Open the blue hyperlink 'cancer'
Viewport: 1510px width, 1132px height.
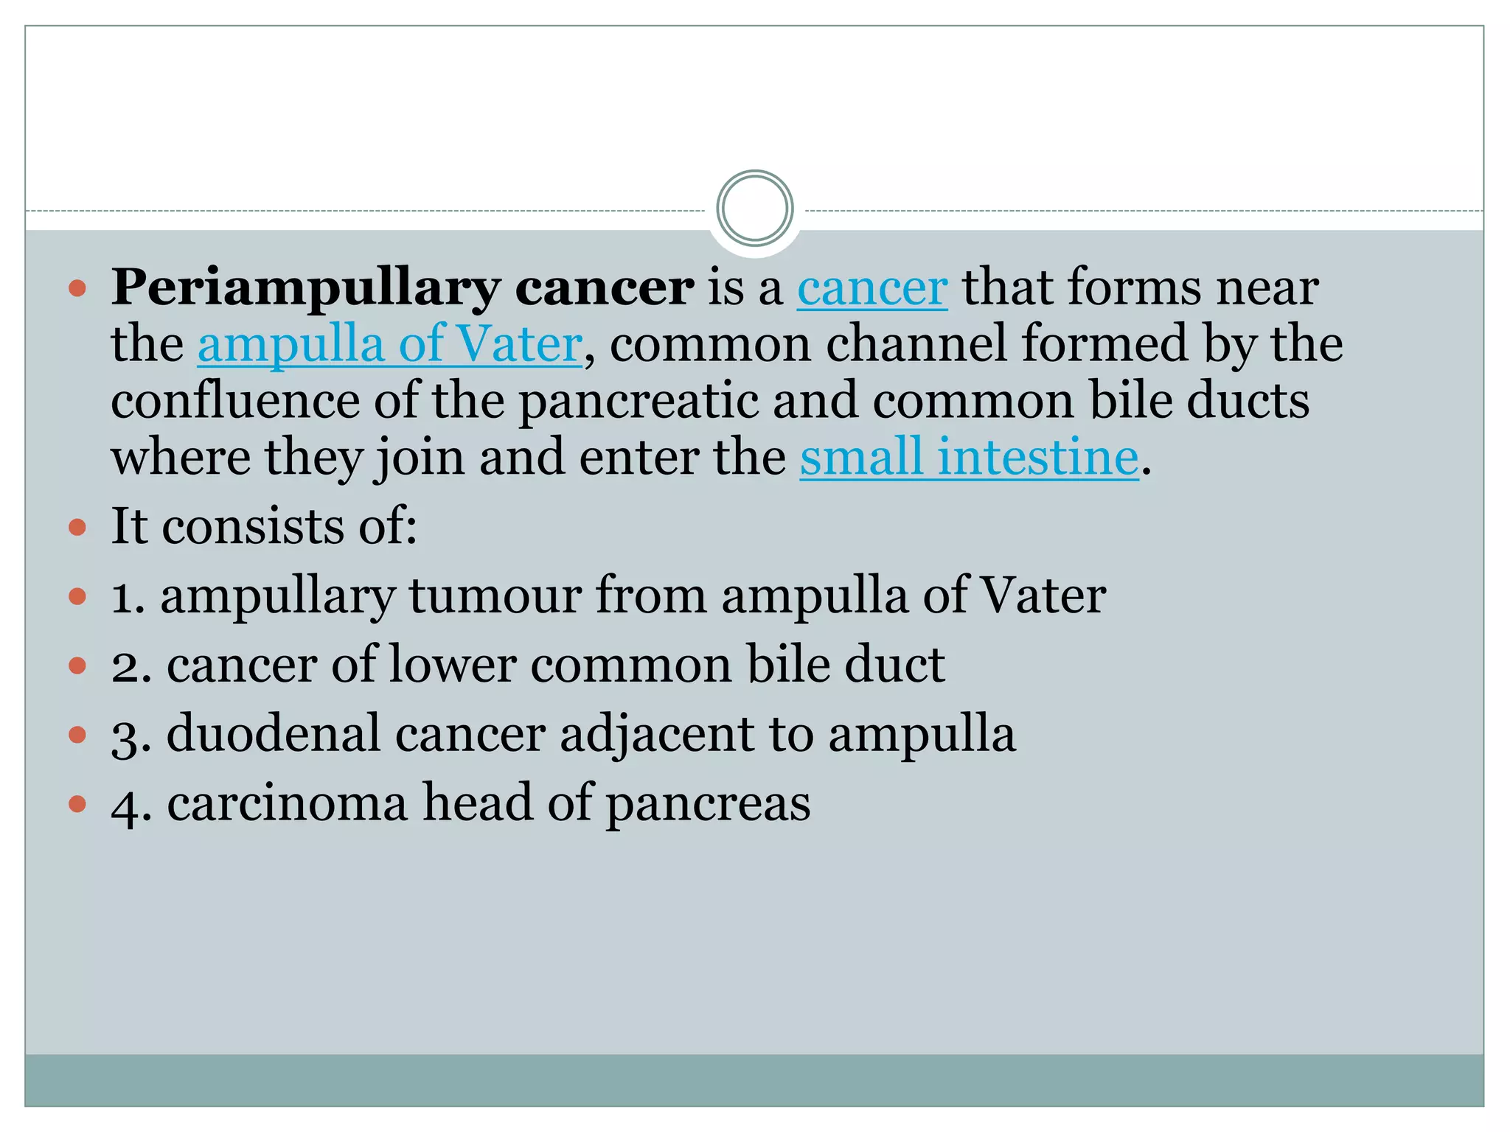[871, 288]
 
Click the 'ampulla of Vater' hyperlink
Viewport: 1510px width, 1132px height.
[389, 344]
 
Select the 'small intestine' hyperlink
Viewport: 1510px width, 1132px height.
[969, 458]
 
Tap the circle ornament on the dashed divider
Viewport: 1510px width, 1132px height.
[754, 209]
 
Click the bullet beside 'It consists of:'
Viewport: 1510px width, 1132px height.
[77, 527]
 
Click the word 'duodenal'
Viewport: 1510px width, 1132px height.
[274, 734]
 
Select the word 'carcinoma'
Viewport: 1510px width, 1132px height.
[287, 803]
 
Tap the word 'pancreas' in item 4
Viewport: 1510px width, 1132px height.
[708, 804]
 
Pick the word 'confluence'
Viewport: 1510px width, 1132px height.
[234, 401]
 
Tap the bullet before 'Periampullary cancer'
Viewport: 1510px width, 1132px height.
[77, 287]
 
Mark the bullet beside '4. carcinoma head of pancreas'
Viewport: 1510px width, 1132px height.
[77, 803]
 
